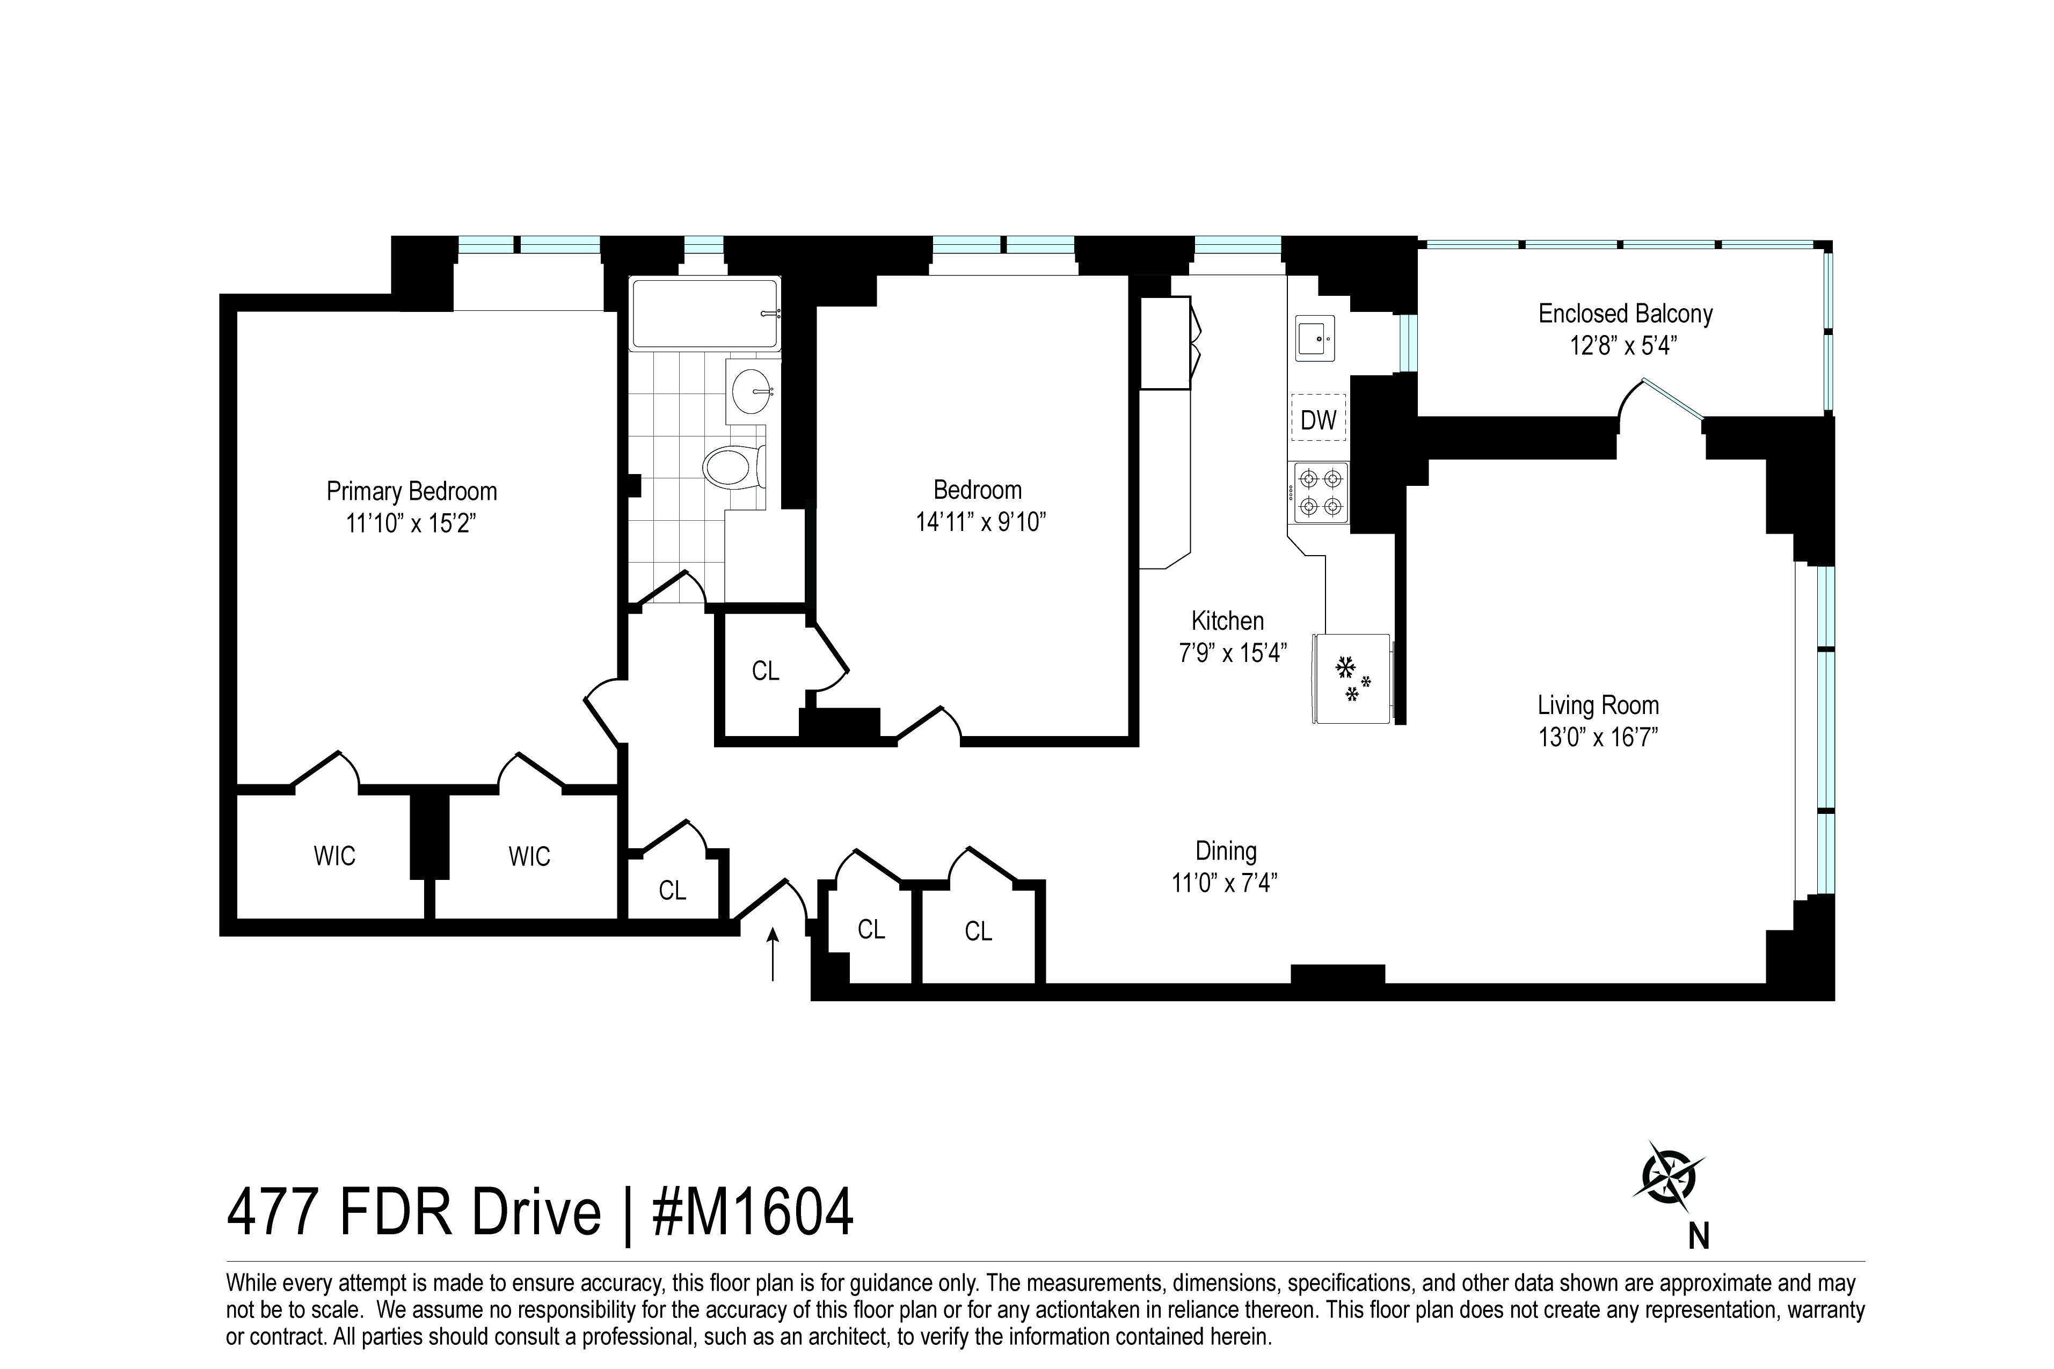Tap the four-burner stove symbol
pos(1320,492)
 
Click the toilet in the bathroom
pos(733,467)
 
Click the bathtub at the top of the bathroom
pos(704,314)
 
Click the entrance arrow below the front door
pos(773,953)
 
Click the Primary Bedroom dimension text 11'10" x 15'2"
pos(411,524)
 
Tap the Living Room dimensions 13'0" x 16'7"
pos(1598,738)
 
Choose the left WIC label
pos(334,856)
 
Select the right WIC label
pos(529,856)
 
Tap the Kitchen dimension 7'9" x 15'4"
pos(1232,653)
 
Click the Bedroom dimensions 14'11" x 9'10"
pos(980,522)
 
